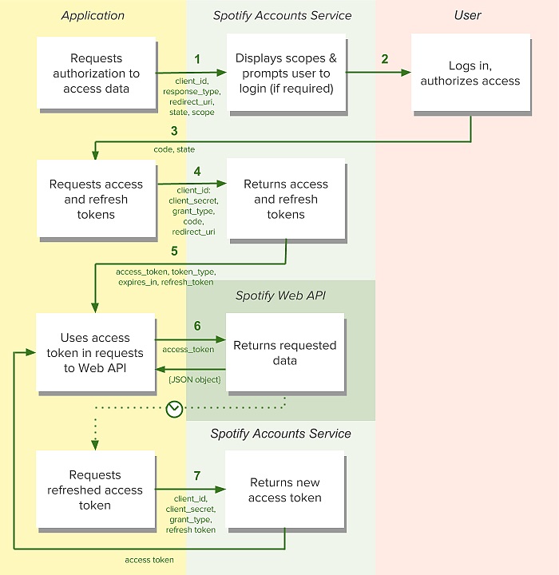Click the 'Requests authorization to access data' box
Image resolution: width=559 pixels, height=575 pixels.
96,73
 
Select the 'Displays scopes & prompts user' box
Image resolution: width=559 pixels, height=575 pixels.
286,73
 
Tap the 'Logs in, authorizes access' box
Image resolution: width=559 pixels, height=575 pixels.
470,73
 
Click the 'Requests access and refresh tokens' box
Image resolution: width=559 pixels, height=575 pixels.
96,199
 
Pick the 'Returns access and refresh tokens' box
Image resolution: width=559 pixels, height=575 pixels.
286,199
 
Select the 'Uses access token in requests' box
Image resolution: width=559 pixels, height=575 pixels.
96,353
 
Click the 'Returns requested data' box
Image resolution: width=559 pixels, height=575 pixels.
285,353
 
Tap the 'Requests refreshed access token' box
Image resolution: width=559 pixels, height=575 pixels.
96,490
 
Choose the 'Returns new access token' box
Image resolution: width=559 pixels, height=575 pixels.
284,490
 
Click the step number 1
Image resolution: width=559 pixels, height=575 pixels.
197,59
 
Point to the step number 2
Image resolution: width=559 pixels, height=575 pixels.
385,59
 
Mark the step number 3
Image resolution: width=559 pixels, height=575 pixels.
173,131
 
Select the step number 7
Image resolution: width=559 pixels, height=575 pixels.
197,476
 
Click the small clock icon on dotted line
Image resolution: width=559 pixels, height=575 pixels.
175,409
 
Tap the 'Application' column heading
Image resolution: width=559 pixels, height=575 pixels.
93,15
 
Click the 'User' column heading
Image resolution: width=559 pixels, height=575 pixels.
467,15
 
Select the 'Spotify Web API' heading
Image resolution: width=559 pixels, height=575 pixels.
280,296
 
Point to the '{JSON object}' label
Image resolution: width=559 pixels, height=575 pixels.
194,379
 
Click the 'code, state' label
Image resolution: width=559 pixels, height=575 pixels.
174,149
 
